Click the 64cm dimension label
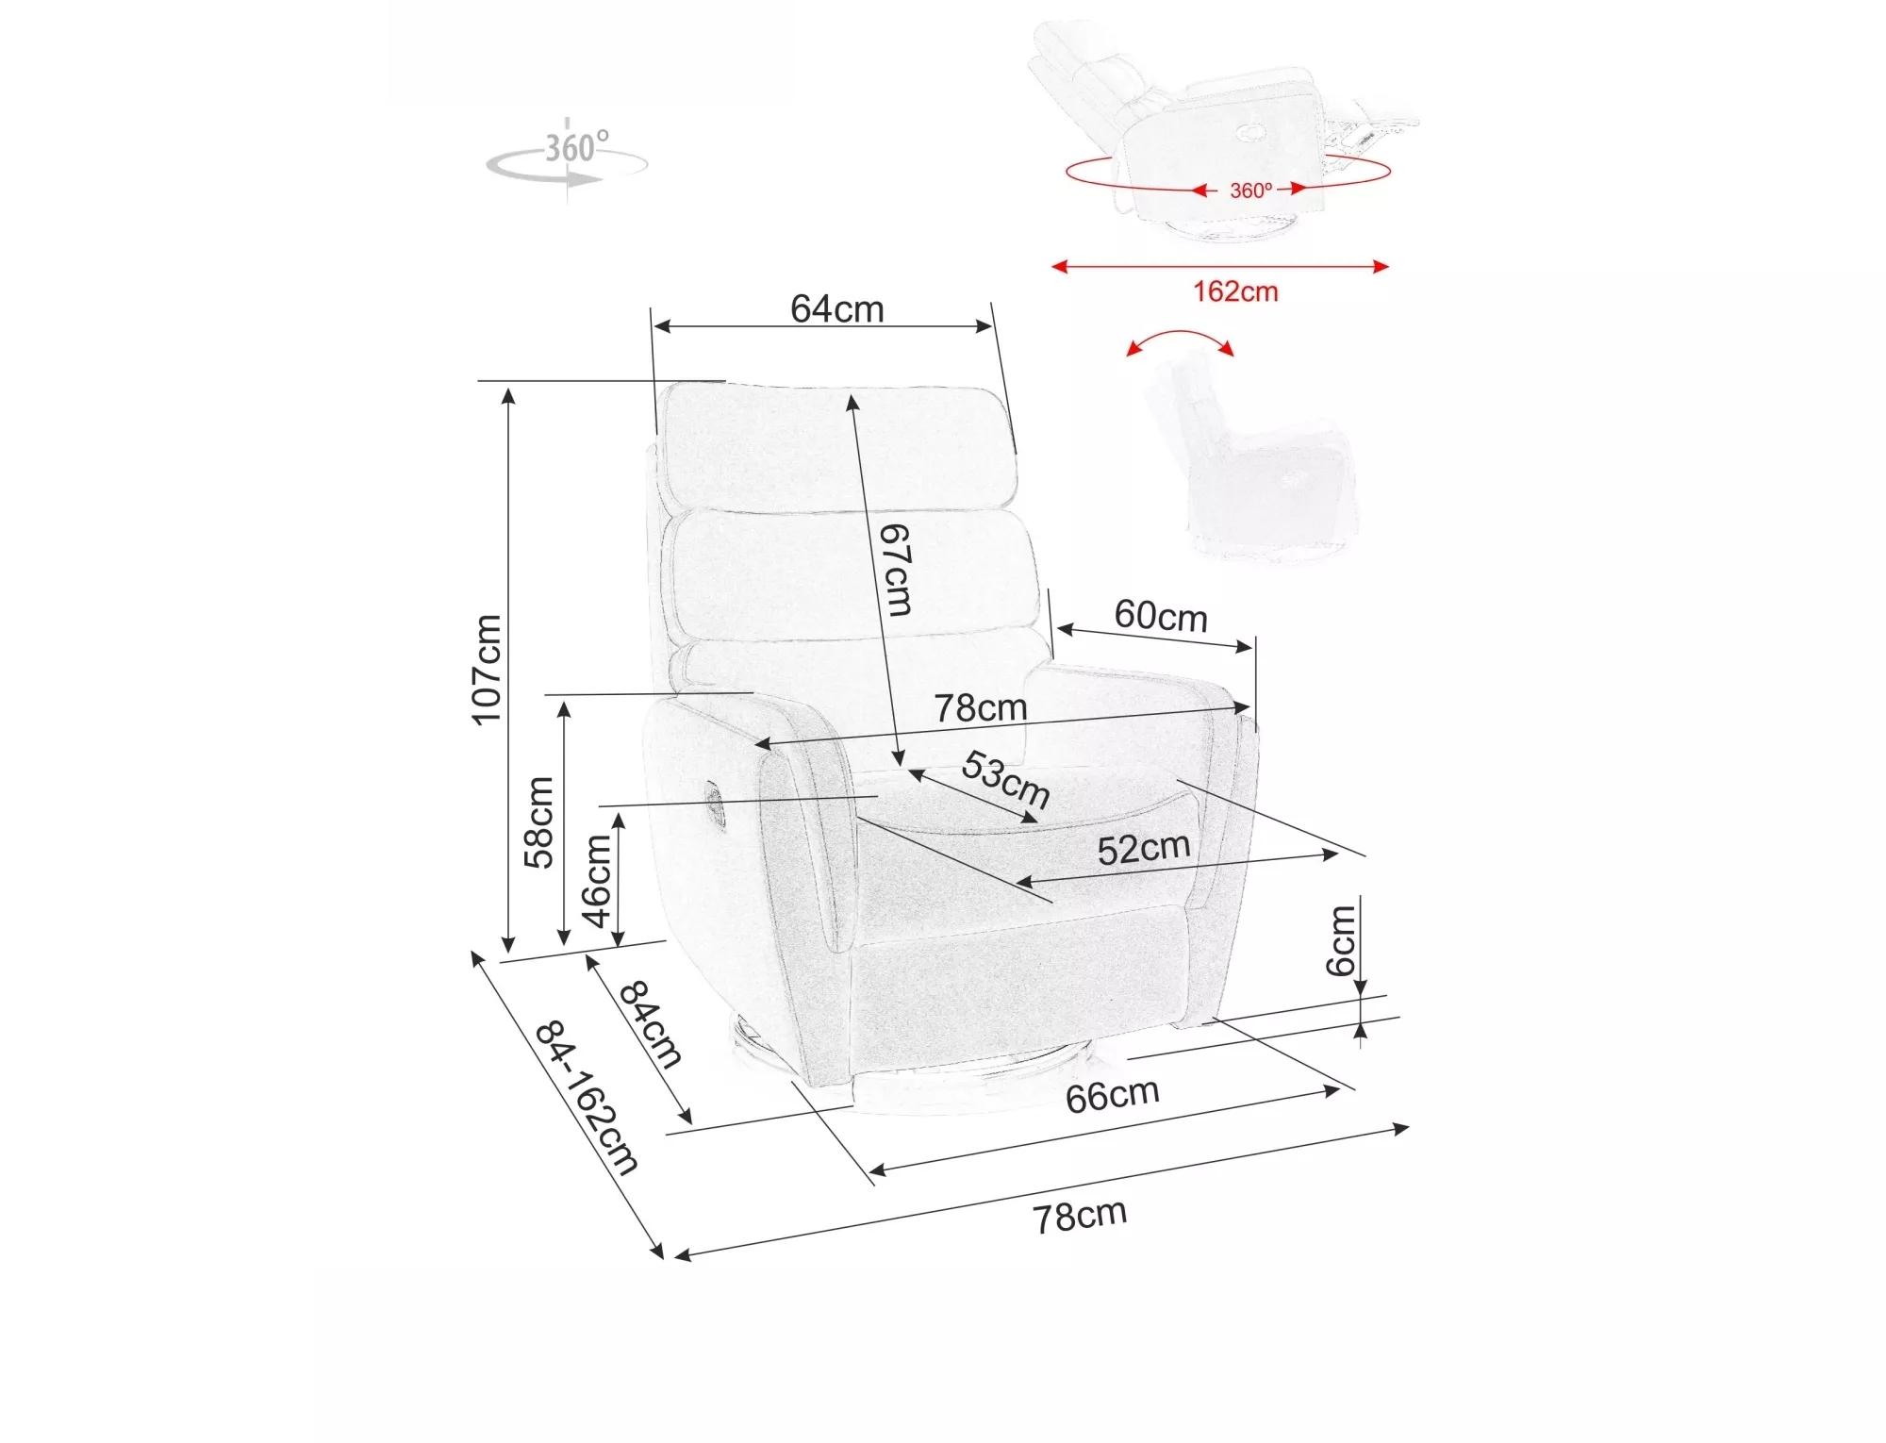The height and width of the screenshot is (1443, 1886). coord(837,308)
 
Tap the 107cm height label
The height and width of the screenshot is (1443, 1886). coord(487,670)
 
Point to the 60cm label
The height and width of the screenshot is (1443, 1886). coord(1161,616)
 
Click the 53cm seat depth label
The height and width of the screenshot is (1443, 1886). coord(1005,779)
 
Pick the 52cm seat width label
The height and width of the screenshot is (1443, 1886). coord(1144,849)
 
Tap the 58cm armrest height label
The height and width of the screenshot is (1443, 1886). coord(539,821)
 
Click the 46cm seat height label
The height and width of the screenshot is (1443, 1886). coord(597,882)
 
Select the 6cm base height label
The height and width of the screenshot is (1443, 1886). coord(1340,939)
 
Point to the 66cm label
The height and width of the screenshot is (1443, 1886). coord(1113,1095)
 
